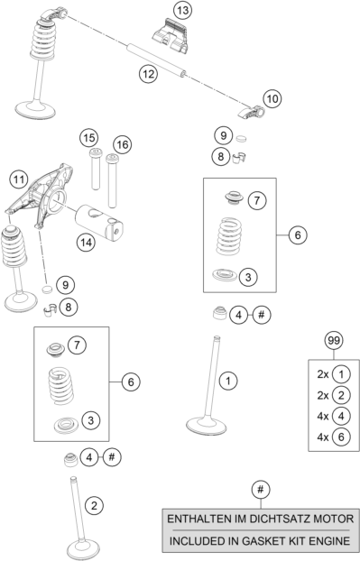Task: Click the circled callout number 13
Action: pyautogui.click(x=182, y=11)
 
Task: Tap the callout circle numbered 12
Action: pyautogui.click(x=148, y=74)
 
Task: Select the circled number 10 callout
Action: pyautogui.click(x=272, y=98)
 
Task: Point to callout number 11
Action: pyautogui.click(x=19, y=179)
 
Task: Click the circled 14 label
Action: pyautogui.click(x=86, y=243)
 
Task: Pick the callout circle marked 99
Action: pyautogui.click(x=334, y=341)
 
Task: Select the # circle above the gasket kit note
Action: pyautogui.click(x=261, y=490)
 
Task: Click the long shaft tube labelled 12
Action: pyautogui.click(x=157, y=60)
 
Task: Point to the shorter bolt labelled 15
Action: pyautogui.click(x=95, y=170)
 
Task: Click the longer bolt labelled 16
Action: pyautogui.click(x=112, y=180)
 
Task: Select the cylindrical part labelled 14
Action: pyautogui.click(x=98, y=223)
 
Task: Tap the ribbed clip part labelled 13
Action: pyautogui.click(x=171, y=36)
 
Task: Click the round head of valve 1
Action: pyautogui.click(x=206, y=426)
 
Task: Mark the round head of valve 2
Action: pyautogui.click(x=84, y=550)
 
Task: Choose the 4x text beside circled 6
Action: pyautogui.click(x=323, y=437)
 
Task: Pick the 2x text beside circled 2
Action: pyautogui.click(x=323, y=395)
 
